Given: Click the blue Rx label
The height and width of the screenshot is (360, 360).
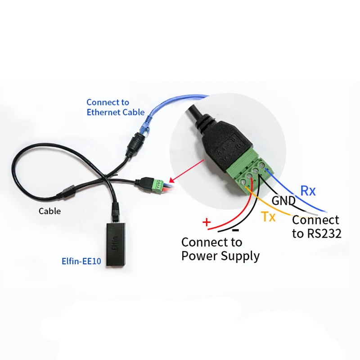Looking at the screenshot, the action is [x=308, y=191].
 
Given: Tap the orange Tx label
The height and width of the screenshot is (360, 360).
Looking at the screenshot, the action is [x=269, y=218].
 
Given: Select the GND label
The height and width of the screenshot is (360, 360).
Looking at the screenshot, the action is [x=283, y=201].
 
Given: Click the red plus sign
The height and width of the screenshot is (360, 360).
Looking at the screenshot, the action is [x=207, y=222].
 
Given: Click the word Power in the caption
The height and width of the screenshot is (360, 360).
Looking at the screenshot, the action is [x=201, y=256].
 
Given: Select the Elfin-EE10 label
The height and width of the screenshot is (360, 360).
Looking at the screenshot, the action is [x=81, y=260].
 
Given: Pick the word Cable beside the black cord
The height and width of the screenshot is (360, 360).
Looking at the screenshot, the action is [x=49, y=211].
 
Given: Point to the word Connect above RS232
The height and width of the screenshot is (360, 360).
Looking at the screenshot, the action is [x=315, y=220].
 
